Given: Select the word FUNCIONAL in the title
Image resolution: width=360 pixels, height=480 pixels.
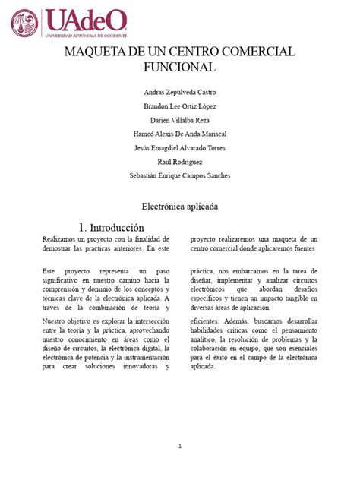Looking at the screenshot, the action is (179, 67).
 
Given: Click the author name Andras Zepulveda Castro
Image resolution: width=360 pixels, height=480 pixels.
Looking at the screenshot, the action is (179, 92).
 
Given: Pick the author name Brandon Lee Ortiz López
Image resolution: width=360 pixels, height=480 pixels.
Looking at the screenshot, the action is (179, 106).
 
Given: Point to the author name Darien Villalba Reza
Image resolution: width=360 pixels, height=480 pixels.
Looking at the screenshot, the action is (179, 120).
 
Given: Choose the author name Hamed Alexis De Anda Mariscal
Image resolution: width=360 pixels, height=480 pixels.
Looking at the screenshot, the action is (179, 134).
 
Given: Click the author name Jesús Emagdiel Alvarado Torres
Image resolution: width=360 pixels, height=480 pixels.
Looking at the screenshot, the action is (179, 147).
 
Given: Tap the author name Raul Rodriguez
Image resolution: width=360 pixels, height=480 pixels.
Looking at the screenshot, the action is (179, 161).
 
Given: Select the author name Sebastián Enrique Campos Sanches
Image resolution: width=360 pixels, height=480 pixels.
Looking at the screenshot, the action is (179, 175).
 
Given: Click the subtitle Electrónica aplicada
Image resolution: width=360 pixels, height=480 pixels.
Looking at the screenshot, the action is (179, 206).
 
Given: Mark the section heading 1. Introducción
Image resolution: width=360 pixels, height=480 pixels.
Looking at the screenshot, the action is (111, 227).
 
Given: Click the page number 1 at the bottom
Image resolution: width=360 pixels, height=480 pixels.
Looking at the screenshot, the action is (179, 446).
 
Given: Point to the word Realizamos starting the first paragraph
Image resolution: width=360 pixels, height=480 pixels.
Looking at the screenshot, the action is (59, 239).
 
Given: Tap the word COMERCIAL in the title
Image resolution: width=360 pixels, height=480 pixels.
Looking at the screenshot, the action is (257, 52).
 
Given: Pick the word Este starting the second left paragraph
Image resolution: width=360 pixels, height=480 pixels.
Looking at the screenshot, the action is (49, 270).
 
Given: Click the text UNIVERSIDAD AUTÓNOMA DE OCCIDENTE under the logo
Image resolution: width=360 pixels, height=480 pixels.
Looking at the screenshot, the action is (86, 35).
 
